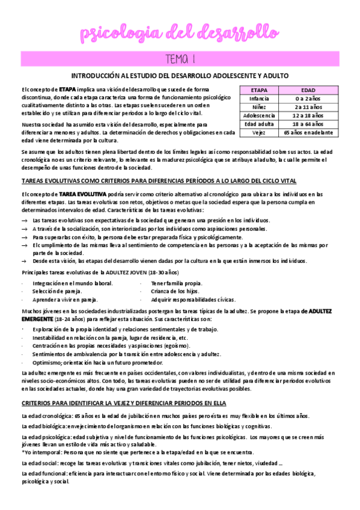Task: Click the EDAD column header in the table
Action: (308, 90)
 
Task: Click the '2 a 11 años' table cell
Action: (308, 106)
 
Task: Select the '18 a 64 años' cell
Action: (308, 123)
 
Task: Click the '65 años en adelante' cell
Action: (308, 132)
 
